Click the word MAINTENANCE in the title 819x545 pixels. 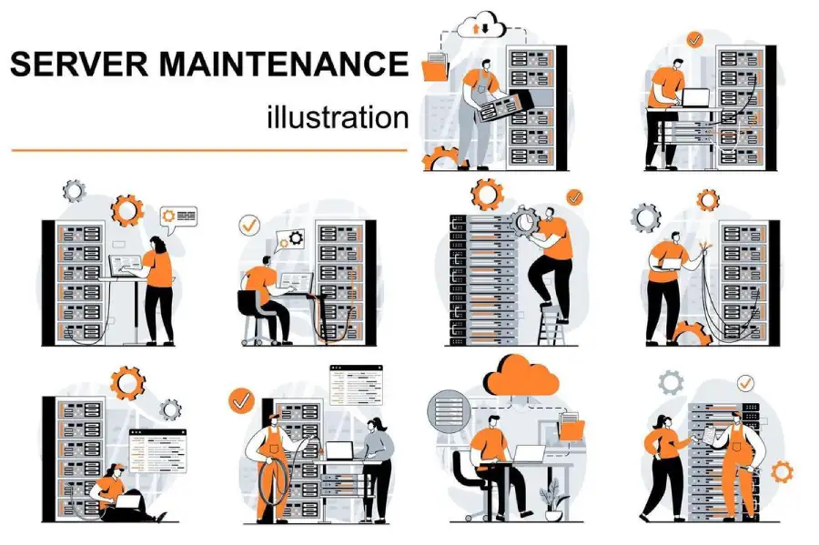[x=279, y=66]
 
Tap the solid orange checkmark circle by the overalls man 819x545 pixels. [x=241, y=399]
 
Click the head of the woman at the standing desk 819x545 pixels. [x=156, y=244]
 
